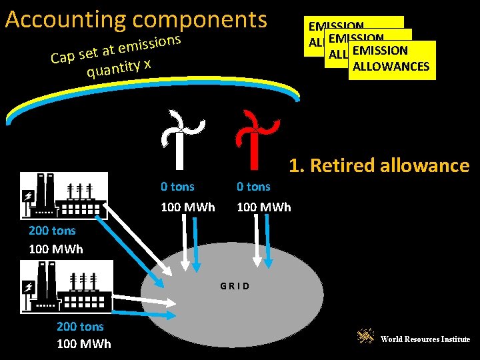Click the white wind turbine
point(179,139)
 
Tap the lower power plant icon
point(66,285)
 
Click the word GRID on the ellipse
point(235,286)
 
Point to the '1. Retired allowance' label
point(379,165)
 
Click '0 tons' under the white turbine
point(178,187)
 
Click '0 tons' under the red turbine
point(254,187)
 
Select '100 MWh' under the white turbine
point(188,207)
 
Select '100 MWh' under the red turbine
point(264,207)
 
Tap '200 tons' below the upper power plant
point(52,231)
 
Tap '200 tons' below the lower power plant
point(80,326)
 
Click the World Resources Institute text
point(425,339)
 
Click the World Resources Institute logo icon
point(365,337)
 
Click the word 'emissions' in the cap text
point(151,45)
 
